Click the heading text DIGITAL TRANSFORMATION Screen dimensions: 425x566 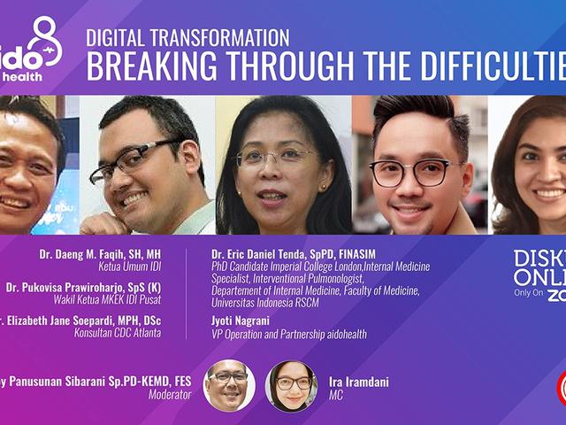point(187,37)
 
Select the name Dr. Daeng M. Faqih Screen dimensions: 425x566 point(107,254)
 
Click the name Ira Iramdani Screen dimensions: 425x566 point(359,382)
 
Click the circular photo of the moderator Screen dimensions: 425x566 point(229,384)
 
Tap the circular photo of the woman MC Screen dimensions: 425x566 point(291,385)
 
